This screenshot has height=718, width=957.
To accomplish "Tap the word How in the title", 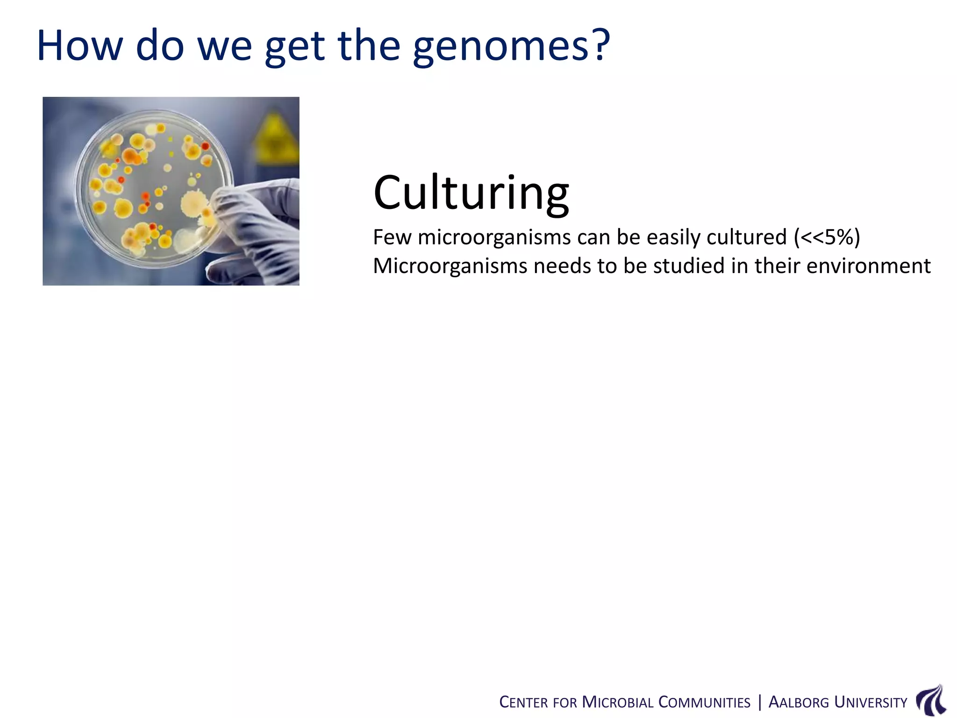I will tap(79, 46).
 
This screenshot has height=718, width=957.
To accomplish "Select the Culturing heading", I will tap(471, 193).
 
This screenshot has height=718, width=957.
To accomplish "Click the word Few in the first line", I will tap(392, 237).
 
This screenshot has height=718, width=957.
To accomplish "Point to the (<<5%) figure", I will tap(827, 237).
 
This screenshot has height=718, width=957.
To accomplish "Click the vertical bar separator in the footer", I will tap(760, 702).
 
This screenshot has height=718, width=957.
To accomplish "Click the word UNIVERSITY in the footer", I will tap(871, 703).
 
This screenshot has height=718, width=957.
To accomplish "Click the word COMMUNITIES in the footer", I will tap(704, 703).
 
